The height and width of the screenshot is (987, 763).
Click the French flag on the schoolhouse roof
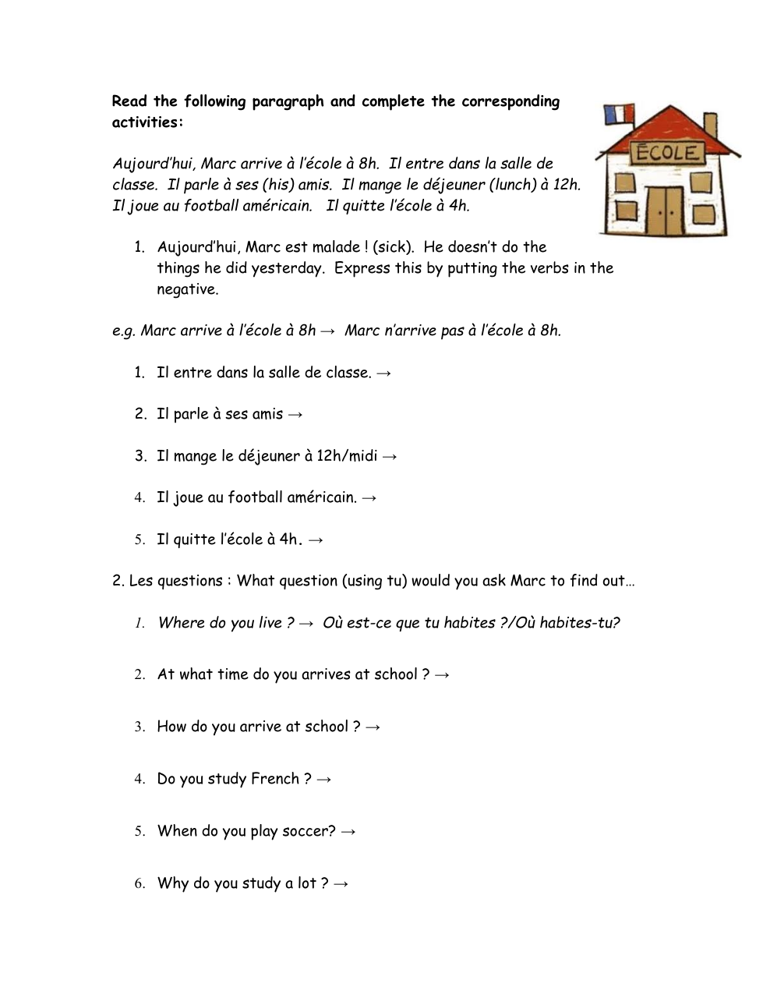click(x=615, y=114)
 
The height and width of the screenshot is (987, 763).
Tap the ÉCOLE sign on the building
click(x=667, y=152)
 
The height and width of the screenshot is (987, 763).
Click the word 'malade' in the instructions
click(x=335, y=247)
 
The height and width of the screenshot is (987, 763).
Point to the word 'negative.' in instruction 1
click(x=188, y=289)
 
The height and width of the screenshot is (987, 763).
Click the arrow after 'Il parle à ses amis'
click(x=295, y=415)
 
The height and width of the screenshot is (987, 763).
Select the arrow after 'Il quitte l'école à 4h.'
click(x=315, y=539)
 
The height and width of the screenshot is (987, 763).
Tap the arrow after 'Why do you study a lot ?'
click(x=340, y=884)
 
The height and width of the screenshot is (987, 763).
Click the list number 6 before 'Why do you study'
click(x=140, y=883)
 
